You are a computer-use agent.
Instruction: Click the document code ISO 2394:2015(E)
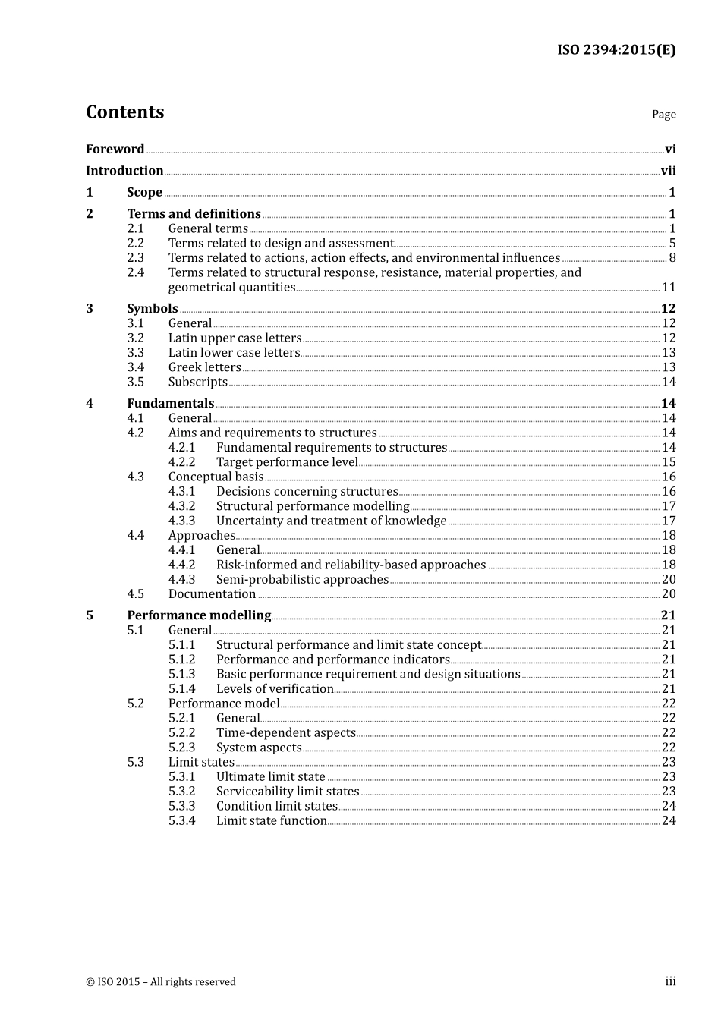pos(616,50)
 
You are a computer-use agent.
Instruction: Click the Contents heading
pos(124,112)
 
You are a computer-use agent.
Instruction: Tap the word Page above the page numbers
pos(663,115)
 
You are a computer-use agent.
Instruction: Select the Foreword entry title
pos(115,150)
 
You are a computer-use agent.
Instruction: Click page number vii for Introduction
pos(668,172)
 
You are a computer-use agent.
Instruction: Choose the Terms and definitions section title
pos(194,214)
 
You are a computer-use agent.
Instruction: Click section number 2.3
pos(135,258)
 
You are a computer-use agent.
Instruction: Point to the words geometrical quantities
pos(231,288)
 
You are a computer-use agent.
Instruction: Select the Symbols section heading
pos(152,309)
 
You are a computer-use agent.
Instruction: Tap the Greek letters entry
pos(204,367)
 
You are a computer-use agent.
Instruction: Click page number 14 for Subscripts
pos(669,382)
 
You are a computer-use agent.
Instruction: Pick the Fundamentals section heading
pos(170,404)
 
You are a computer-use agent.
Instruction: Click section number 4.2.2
pos(181,462)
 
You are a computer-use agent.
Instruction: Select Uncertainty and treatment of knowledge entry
pos(331,521)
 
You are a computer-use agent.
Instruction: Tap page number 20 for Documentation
pos(669,594)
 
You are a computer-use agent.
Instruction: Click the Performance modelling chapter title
pos(199,615)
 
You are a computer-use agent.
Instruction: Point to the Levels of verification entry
pos(275,689)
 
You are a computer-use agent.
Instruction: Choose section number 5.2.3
pos(181,748)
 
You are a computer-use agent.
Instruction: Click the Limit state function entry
pos(271,821)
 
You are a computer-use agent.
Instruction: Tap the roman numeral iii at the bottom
pos(670,982)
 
